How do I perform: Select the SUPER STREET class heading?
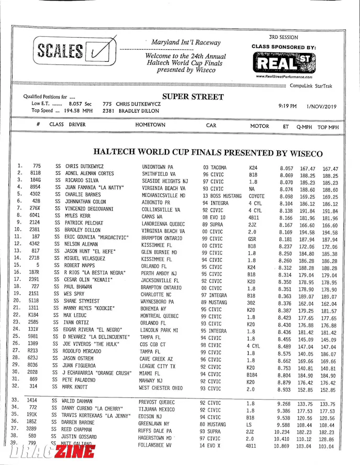[x=193, y=97]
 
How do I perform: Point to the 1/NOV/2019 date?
[x=323, y=106]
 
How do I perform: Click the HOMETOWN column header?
[x=150, y=126]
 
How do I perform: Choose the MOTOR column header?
[x=260, y=126]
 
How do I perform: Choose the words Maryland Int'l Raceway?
[x=186, y=42]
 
